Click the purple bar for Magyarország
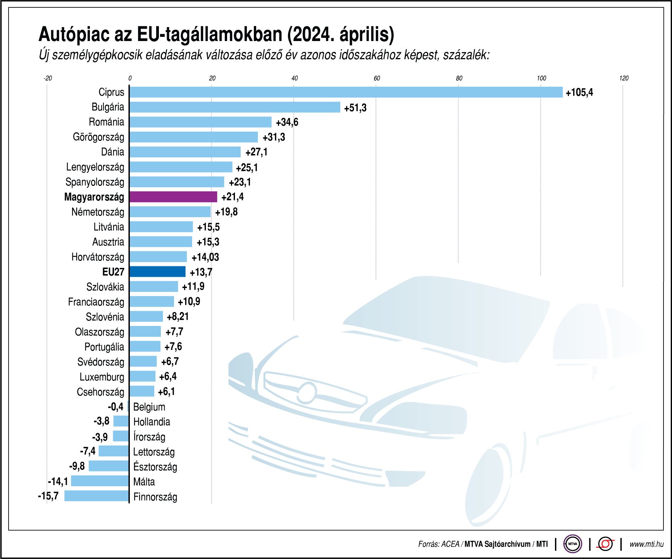pos(173,197)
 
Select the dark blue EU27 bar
pos(157,272)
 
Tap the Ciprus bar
pos(346,92)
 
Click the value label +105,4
pos(579,93)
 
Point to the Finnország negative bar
pos(96,496)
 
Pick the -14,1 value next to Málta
pos(58,481)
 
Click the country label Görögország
pos(98,137)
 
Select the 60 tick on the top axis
pos(377,78)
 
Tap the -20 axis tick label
pos(47,78)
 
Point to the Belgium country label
pos(149,407)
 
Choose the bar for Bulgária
pos(235,107)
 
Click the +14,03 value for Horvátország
pos(205,257)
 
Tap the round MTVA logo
pos(572,544)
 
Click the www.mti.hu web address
pos(646,544)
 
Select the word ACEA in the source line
pos(450,544)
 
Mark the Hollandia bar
pos(121,421)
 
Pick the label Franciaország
pos(96,302)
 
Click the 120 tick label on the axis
pos(624,78)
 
